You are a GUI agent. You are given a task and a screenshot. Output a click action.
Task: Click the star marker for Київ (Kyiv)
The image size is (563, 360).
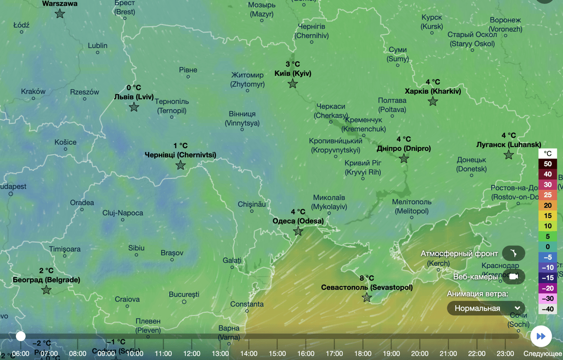click(x=293, y=84)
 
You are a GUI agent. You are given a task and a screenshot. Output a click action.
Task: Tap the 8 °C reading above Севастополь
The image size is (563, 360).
click(x=367, y=278)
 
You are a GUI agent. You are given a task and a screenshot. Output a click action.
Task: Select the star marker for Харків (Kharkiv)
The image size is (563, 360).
click(x=433, y=101)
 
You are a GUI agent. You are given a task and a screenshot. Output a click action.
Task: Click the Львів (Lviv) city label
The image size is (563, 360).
click(x=134, y=97)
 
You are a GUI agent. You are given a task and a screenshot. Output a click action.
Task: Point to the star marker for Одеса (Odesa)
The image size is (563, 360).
click(x=298, y=231)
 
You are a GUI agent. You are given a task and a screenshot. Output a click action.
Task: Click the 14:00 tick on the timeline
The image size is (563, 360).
click(x=249, y=353)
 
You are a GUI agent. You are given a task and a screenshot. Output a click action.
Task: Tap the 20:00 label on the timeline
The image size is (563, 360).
click(x=420, y=353)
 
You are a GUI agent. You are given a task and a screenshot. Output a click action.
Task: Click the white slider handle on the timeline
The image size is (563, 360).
click(x=21, y=336)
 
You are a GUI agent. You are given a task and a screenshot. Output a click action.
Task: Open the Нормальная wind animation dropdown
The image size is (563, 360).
click(x=486, y=308)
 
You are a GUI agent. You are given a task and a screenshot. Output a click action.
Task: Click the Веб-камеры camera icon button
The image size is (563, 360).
click(x=513, y=277)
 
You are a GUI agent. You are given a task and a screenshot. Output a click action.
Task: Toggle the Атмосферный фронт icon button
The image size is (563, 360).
click(x=513, y=254)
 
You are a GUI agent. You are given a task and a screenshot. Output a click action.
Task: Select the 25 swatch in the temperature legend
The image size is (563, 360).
click(x=548, y=195)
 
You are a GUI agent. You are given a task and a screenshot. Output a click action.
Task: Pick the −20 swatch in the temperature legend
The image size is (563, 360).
click(x=548, y=288)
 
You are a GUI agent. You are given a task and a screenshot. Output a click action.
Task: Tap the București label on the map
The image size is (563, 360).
click(x=184, y=294)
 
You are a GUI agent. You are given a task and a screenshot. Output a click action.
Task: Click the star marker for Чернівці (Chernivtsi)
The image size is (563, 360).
click(x=180, y=165)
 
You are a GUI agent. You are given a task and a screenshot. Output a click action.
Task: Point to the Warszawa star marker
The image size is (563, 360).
click(x=60, y=14)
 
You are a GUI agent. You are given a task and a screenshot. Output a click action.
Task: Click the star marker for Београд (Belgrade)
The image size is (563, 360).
click(x=46, y=290)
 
